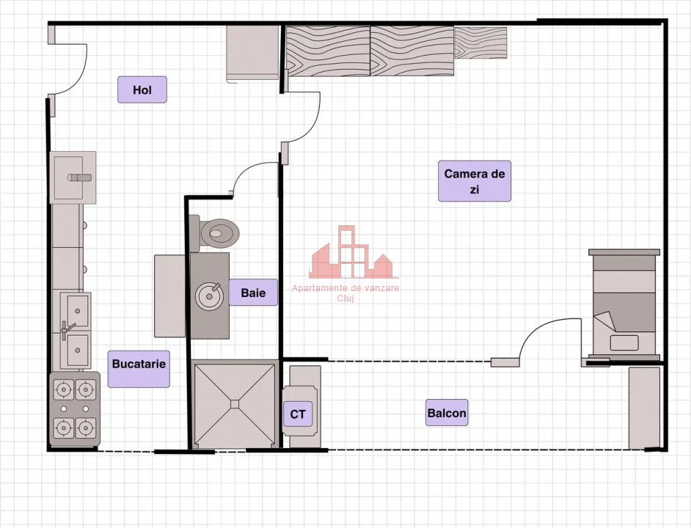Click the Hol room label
tap(142, 89)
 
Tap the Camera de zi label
tap(474, 181)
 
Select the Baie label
tap(253, 292)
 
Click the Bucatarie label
tap(139, 364)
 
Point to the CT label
tap(298, 414)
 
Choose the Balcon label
tap(447, 413)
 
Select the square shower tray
tap(235, 404)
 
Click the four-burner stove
tap(75, 408)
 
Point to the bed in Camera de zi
tap(624, 305)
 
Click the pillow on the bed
tap(624, 343)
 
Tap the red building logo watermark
tap(354, 252)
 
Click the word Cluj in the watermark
tap(345, 298)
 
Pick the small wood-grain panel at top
tap(480, 43)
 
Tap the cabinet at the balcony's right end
tap(644, 408)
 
